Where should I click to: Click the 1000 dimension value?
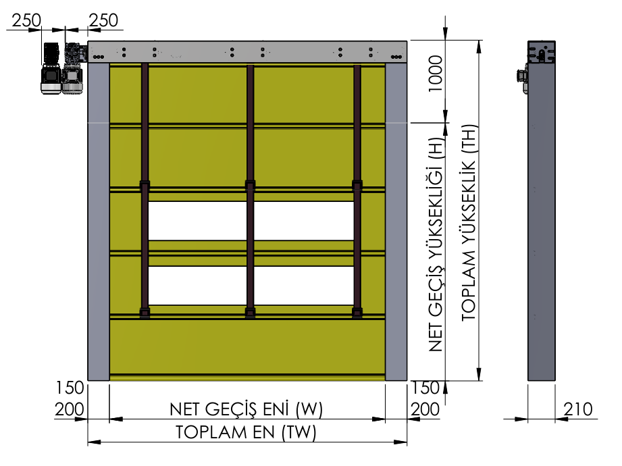(435, 74)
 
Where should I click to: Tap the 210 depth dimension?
(578, 409)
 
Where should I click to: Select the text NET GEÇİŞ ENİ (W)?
(246, 409)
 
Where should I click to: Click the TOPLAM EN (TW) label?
(246, 432)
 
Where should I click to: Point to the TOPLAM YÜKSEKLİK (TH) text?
(469, 222)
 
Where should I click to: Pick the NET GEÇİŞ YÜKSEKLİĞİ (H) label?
(436, 244)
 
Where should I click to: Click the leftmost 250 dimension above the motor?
(26, 20)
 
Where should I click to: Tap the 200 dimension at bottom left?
(70, 409)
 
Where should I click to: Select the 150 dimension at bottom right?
(425, 388)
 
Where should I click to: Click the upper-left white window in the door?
(198, 221)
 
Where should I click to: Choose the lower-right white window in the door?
(304, 286)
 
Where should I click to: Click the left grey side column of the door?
(99, 222)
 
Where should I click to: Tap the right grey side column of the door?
(396, 222)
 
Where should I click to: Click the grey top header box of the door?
(247, 51)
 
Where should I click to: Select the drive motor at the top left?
(63, 68)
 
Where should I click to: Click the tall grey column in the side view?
(542, 211)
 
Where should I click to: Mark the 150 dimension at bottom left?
(70, 388)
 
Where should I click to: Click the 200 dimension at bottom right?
(425, 409)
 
